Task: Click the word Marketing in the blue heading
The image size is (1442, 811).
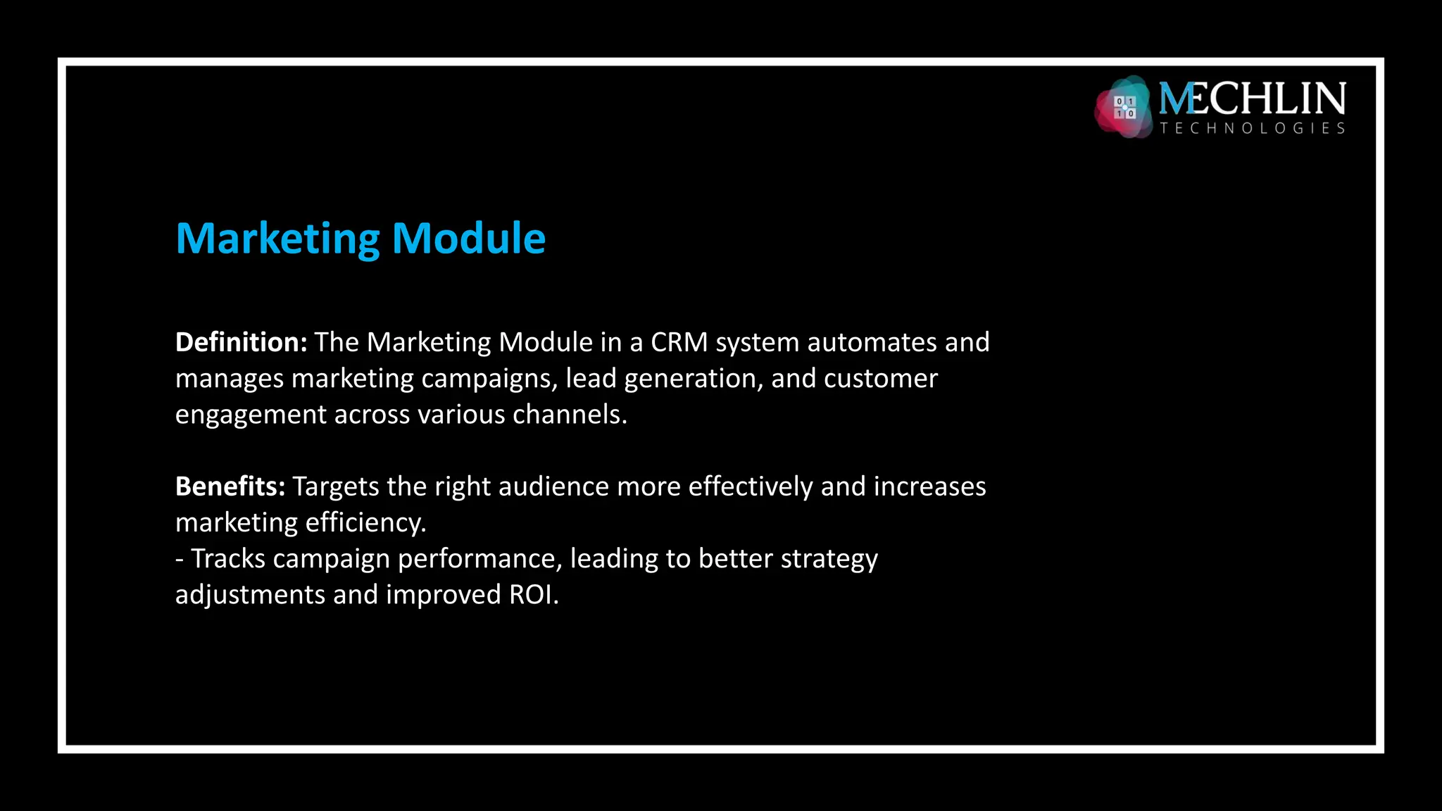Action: pyautogui.click(x=278, y=239)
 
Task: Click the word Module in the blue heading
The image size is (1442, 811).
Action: pyautogui.click(x=468, y=239)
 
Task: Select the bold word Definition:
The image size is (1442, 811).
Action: pyautogui.click(x=241, y=342)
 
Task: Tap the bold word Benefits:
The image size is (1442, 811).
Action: pyautogui.click(x=230, y=486)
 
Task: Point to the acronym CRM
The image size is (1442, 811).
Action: pyautogui.click(x=679, y=342)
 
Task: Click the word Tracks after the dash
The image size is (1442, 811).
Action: pyautogui.click(x=228, y=559)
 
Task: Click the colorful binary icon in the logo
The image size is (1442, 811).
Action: pyautogui.click(x=1124, y=107)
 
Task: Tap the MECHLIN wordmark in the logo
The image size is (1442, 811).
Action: pyautogui.click(x=1252, y=99)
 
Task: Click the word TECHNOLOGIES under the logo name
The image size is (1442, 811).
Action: pyautogui.click(x=1252, y=128)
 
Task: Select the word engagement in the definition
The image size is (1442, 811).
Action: pyautogui.click(x=251, y=415)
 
